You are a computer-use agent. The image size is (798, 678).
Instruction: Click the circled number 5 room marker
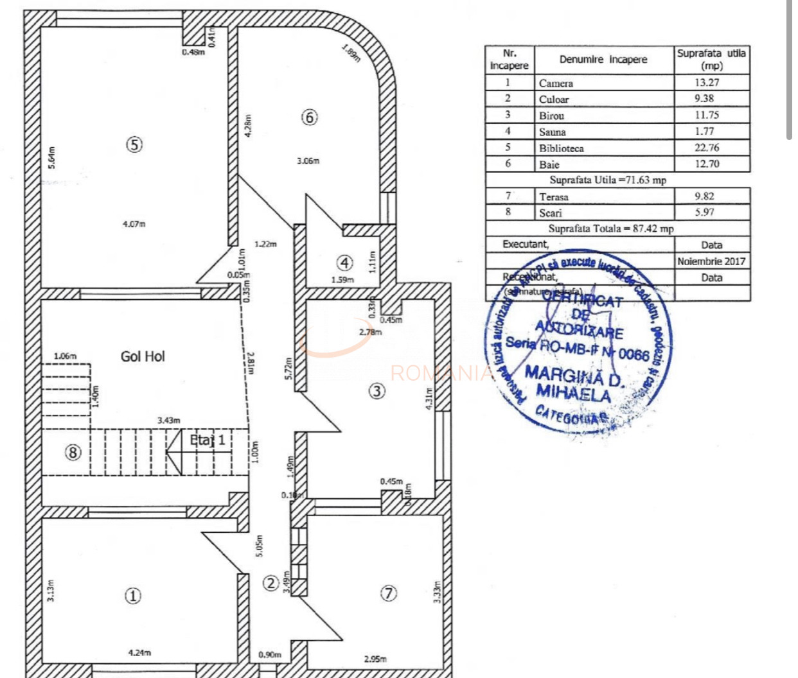[134, 144]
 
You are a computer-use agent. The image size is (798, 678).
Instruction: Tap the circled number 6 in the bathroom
[310, 117]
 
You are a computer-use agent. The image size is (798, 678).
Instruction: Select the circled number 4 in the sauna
[345, 263]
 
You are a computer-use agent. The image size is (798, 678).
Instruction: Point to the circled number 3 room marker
[377, 390]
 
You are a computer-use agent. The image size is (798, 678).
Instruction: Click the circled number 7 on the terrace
[389, 594]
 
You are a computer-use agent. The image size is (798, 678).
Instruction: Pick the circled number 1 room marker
[133, 596]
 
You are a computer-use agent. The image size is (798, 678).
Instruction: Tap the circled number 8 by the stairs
[73, 453]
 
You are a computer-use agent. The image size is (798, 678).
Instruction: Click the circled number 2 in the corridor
[271, 583]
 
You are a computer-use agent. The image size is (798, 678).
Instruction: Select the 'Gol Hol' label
[143, 356]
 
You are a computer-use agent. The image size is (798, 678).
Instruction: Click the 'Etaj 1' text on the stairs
[208, 440]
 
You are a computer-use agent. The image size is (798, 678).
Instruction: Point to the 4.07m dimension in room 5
[134, 224]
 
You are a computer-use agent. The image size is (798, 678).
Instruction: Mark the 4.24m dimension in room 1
[139, 653]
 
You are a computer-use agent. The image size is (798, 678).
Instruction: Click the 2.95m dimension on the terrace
[375, 659]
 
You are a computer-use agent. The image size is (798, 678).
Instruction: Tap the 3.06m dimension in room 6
[308, 161]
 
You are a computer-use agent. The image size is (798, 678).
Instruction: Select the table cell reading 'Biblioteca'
[562, 148]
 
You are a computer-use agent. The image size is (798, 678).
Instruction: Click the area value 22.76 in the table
[706, 148]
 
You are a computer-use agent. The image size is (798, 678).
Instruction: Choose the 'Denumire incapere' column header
[603, 60]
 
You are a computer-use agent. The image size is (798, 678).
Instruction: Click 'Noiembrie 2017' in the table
[711, 261]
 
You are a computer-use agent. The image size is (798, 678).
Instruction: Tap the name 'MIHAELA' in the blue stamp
[573, 393]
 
